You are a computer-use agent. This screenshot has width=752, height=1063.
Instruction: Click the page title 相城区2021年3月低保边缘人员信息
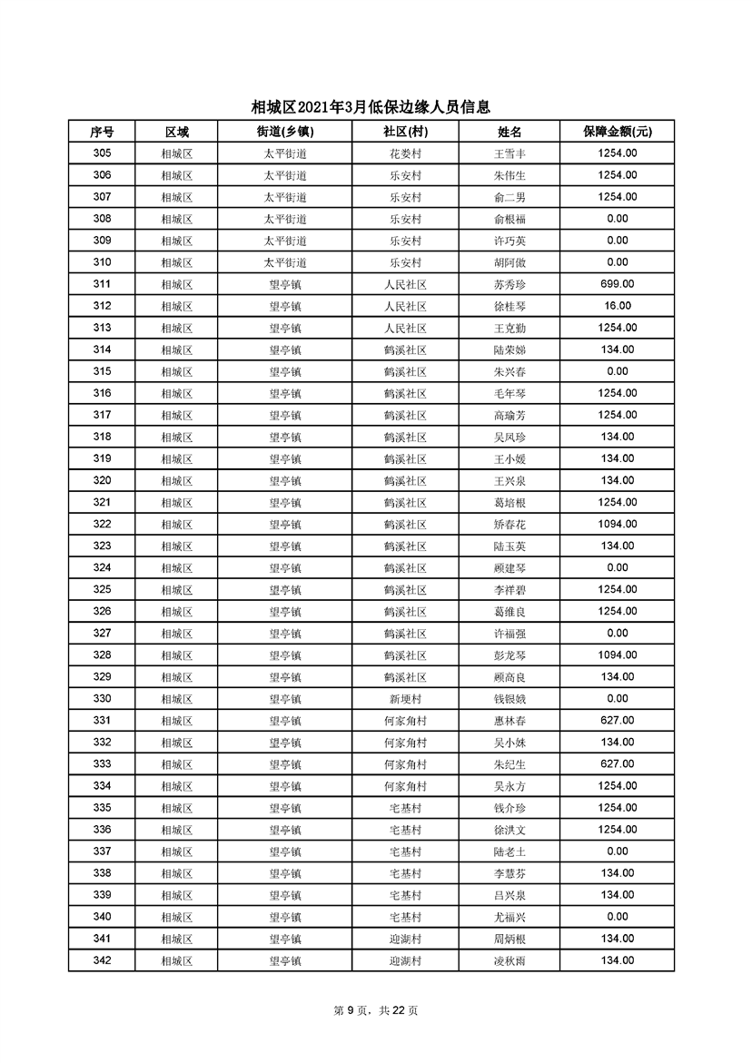point(376,108)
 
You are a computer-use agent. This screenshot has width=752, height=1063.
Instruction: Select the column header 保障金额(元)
point(617,132)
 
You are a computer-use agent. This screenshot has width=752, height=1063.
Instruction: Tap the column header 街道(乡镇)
point(284,132)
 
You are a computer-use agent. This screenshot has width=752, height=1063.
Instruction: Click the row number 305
point(102,153)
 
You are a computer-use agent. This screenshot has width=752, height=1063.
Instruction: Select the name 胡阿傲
point(510,263)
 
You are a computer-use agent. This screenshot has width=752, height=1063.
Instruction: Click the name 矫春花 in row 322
point(510,525)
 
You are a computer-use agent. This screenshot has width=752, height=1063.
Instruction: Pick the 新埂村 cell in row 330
point(405,699)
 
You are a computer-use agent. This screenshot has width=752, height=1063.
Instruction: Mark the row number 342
point(102,960)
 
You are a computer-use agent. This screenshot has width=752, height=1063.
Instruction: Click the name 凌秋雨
point(510,961)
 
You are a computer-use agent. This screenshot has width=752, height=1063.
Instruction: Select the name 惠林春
point(510,721)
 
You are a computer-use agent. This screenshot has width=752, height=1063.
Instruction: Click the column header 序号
point(102,132)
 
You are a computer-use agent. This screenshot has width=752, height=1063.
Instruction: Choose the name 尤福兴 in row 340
point(510,917)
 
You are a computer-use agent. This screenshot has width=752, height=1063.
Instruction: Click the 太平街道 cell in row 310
point(284,263)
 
